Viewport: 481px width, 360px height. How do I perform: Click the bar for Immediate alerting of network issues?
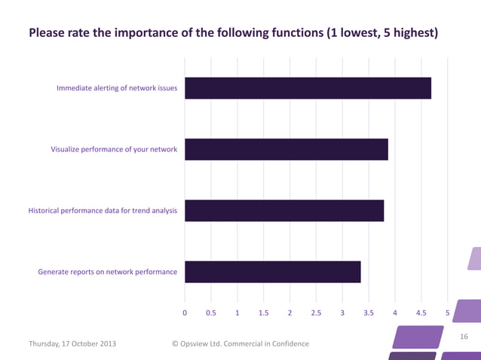(308, 88)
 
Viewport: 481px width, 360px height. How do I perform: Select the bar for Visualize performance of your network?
(286, 149)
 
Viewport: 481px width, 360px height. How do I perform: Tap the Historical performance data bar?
(284, 210)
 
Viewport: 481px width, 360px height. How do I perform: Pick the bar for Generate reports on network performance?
(273, 272)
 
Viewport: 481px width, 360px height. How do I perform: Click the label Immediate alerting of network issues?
(117, 88)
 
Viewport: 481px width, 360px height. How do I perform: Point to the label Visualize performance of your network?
(114, 149)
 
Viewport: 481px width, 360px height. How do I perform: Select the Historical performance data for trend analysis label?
(103, 210)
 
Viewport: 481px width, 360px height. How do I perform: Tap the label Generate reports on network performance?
(108, 272)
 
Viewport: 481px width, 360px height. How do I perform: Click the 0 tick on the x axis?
(185, 312)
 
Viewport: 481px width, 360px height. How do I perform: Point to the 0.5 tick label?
(211, 312)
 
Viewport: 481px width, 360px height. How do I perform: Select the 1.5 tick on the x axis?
(264, 312)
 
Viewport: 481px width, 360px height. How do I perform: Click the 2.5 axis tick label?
(316, 312)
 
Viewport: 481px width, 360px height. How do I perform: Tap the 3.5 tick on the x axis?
(369, 312)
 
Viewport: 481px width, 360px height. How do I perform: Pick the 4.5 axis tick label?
(421, 312)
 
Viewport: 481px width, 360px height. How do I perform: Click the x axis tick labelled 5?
(448, 312)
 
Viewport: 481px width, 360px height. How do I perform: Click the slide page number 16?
(464, 336)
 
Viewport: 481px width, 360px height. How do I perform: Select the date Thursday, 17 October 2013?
(72, 343)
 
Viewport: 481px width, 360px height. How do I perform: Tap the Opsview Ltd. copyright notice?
(240, 343)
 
